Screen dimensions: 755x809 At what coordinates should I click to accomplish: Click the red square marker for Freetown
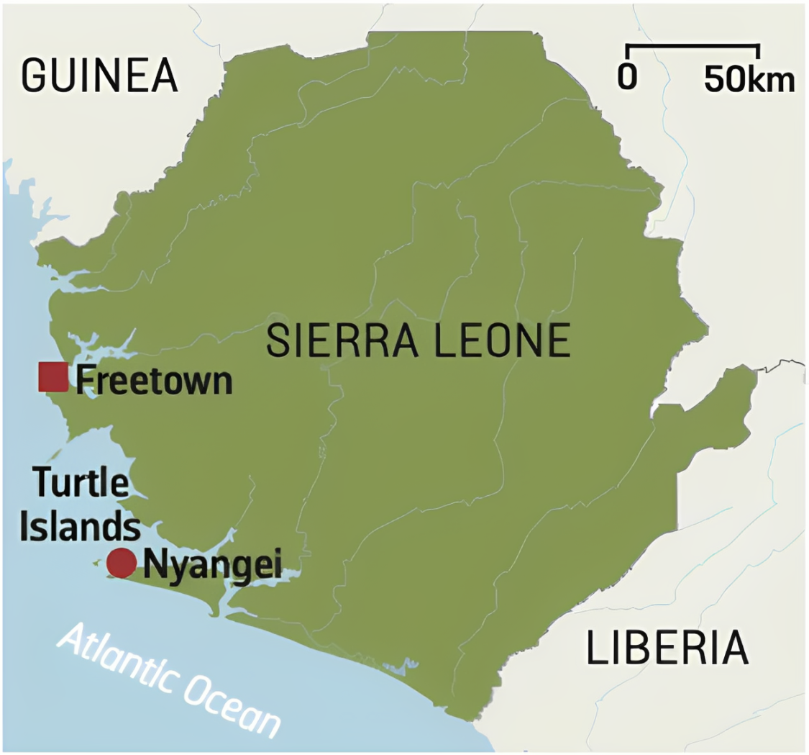click(52, 377)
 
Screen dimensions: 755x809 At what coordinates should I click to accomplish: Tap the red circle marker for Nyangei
click(121, 563)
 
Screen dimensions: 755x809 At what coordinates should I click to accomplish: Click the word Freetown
click(154, 379)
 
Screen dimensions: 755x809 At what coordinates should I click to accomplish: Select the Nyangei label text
click(211, 564)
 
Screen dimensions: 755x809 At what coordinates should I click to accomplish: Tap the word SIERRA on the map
click(337, 340)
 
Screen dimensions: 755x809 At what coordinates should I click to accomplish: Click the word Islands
click(80, 526)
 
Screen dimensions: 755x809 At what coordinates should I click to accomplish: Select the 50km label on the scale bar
click(749, 79)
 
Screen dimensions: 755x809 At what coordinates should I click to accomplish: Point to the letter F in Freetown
click(84, 379)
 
